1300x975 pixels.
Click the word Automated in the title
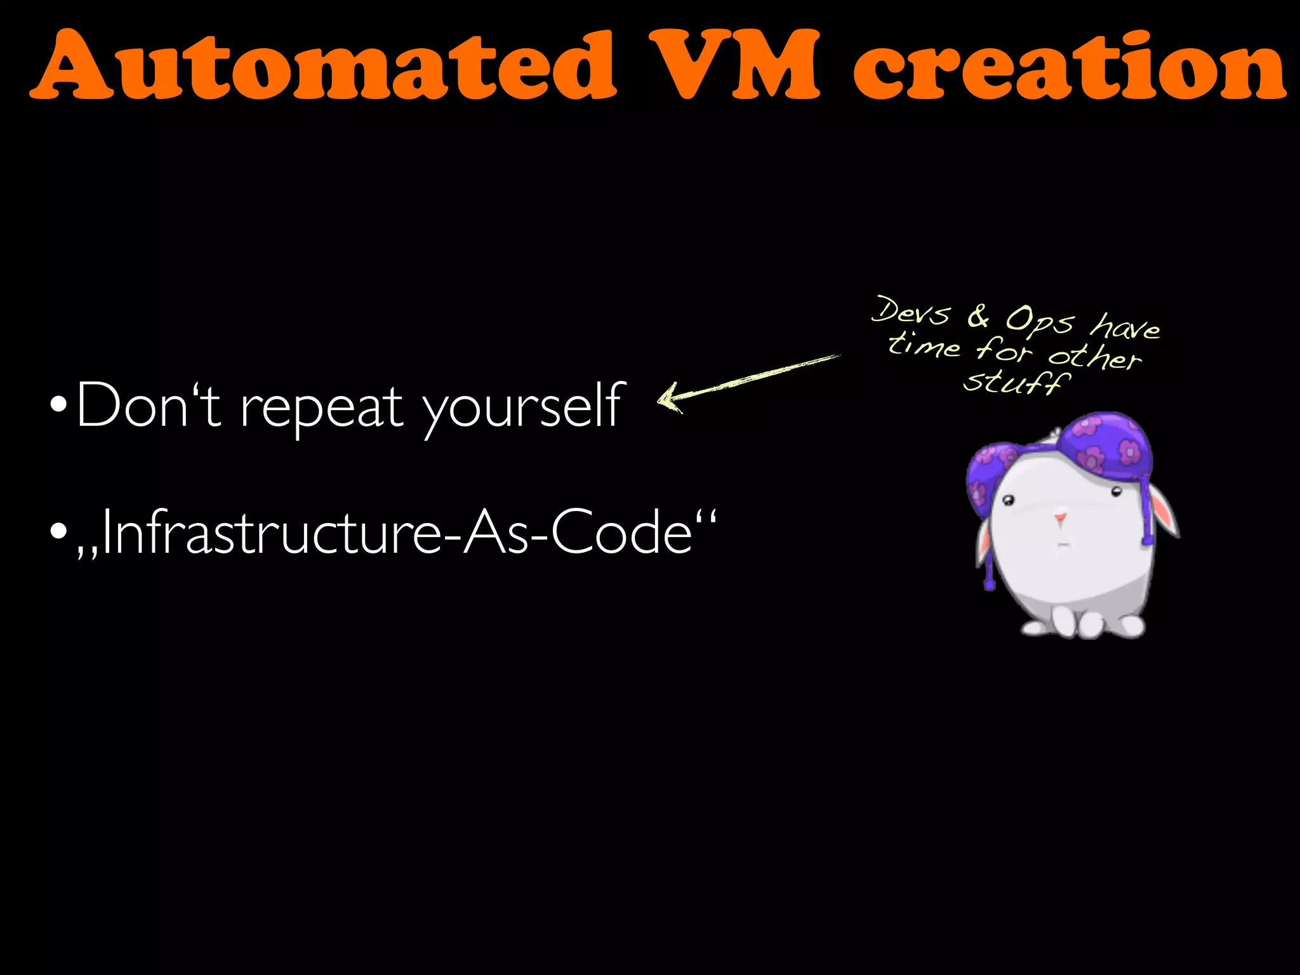pyautogui.click(x=324, y=65)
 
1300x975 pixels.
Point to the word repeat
pyautogui.click(x=322, y=409)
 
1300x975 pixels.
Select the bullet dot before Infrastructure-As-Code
pyautogui.click(x=58, y=530)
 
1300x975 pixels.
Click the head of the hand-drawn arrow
pyautogui.click(x=667, y=399)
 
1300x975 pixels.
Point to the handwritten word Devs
pyautogui.click(x=910, y=311)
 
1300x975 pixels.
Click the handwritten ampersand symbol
pyautogui.click(x=978, y=315)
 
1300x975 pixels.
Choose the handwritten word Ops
pyautogui.click(x=1038, y=321)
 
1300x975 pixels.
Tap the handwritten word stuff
pyautogui.click(x=1016, y=382)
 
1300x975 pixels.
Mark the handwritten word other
pyautogui.click(x=1094, y=357)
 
